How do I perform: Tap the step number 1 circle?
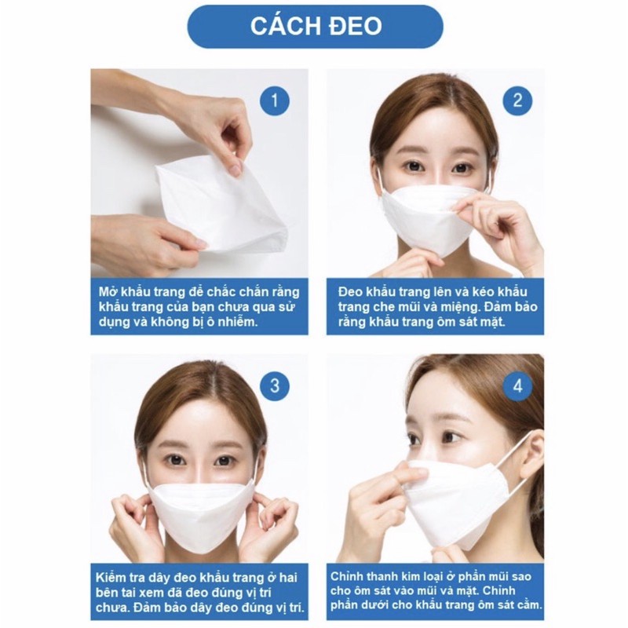click(274, 100)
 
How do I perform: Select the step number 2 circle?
click(517, 100)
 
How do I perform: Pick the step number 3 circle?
click(274, 385)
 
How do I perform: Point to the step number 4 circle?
click(517, 385)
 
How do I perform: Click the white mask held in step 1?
click(212, 200)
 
